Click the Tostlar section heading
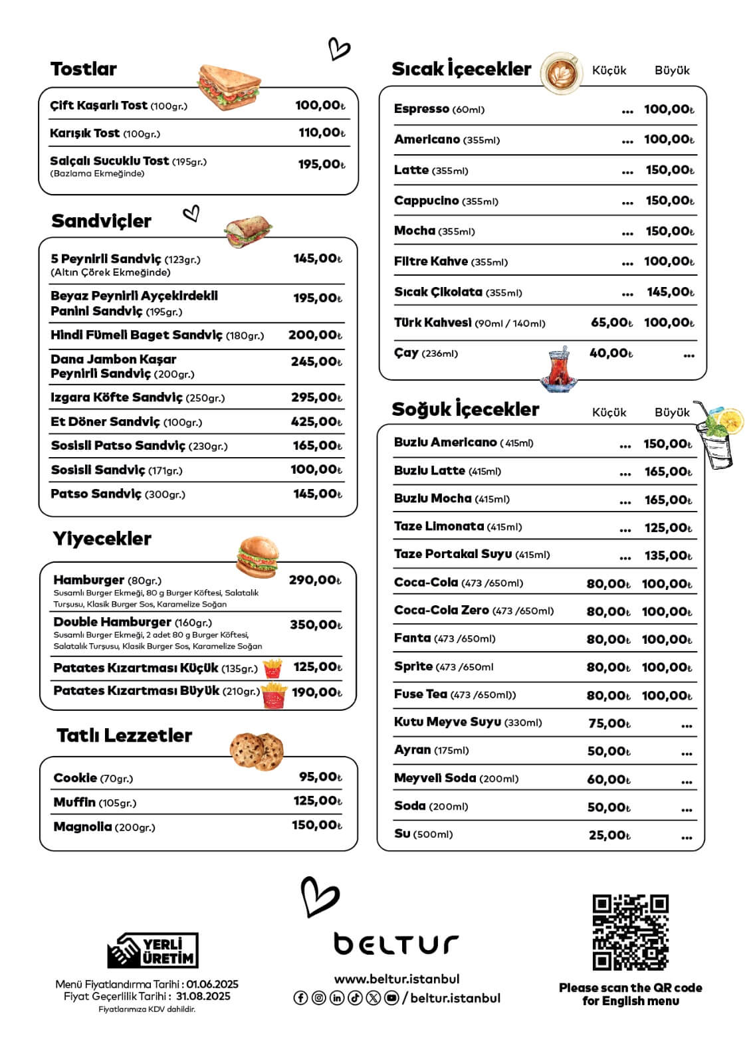click(83, 69)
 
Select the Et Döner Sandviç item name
click(106, 422)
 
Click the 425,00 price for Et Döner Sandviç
click(316, 422)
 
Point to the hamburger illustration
click(257, 557)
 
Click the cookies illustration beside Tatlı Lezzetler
click(257, 751)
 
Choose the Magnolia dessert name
click(82, 827)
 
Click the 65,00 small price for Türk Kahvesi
click(611, 323)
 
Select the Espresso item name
click(421, 109)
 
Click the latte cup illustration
click(562, 72)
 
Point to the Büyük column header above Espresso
click(672, 70)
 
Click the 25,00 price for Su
click(609, 835)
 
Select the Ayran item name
click(412, 750)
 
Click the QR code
click(630, 932)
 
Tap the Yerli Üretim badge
click(153, 951)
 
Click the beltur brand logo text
click(396, 943)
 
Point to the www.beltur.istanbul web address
click(396, 979)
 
